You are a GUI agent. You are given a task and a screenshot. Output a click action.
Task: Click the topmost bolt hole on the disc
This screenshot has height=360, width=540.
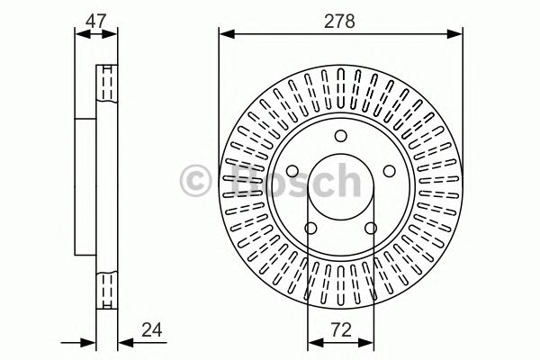340,137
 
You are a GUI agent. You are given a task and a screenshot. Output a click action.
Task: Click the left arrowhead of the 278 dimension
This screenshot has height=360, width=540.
224,34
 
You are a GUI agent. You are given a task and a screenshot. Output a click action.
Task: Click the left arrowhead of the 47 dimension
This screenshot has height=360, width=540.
78,34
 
